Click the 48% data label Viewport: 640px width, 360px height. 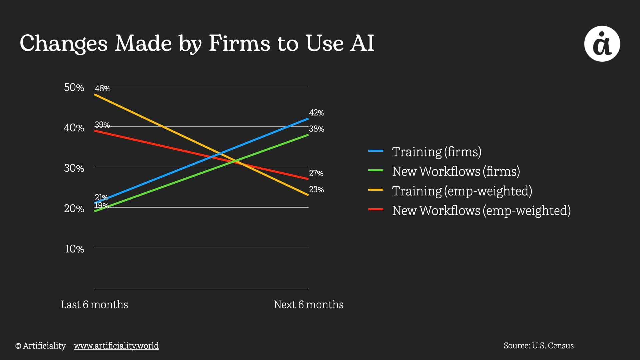tap(102, 89)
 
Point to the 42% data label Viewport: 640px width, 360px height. tap(316, 113)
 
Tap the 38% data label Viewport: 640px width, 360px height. tap(316, 129)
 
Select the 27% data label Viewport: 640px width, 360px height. tap(316, 173)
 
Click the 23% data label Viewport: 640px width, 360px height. tap(316, 190)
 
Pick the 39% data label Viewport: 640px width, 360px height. tap(102, 125)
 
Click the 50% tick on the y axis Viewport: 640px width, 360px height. tap(74, 87)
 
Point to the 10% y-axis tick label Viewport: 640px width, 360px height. tap(75, 249)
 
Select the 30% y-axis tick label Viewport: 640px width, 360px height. tap(74, 168)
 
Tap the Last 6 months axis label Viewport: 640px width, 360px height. tap(94, 305)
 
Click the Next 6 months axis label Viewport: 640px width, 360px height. tap(308, 305)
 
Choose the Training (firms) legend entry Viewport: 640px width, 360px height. tap(436, 152)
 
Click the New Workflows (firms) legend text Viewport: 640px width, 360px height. tap(456, 171)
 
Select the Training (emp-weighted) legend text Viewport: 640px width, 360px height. tap(462, 191)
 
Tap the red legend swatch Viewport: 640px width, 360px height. tap(376, 210)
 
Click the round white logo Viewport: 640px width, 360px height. tap(602, 44)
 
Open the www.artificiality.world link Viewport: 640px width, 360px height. tap(116, 346)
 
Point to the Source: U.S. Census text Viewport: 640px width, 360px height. tap(538, 346)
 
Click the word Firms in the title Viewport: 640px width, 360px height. tap(239, 43)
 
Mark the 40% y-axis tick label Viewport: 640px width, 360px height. tap(74, 128)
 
